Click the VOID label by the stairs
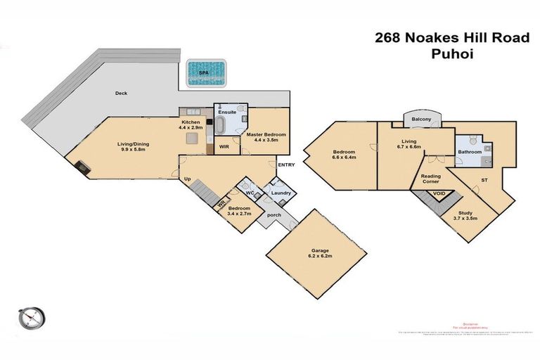439,193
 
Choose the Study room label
465,215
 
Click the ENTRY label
286,165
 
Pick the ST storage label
484,181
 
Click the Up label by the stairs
187,179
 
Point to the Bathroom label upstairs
469,152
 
